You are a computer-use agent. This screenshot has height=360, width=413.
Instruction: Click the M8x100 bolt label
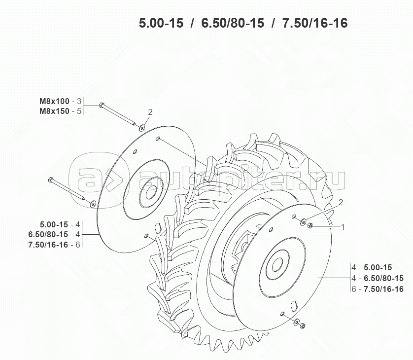tap(55, 101)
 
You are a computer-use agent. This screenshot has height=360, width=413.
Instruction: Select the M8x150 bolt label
tap(55, 111)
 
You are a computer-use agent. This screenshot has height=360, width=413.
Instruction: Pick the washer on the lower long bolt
tap(93, 202)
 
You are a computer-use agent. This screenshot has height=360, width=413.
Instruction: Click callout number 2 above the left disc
tap(150, 112)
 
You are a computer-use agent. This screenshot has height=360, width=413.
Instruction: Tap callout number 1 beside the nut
tap(343, 227)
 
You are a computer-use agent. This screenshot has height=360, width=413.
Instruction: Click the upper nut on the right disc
tap(310, 226)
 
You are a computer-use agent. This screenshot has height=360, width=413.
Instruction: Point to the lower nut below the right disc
tap(303, 325)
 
